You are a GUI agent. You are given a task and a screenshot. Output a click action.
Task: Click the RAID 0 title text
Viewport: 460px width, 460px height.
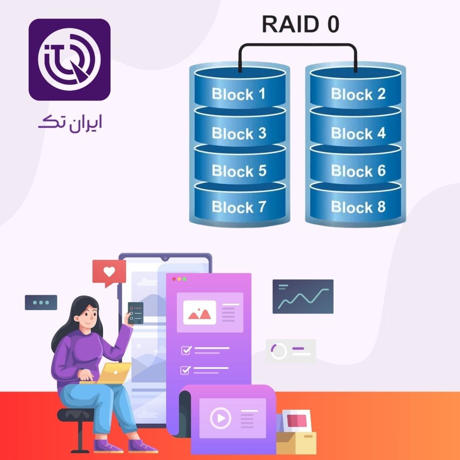(x=300, y=24)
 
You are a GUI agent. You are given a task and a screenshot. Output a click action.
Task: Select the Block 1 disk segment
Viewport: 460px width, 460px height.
(x=239, y=92)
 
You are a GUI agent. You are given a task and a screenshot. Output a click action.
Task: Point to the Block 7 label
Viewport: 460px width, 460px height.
(x=239, y=207)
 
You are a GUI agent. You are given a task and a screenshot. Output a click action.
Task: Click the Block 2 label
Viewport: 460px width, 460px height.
(x=358, y=94)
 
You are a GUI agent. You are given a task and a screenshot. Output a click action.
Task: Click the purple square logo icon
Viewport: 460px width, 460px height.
(x=69, y=60)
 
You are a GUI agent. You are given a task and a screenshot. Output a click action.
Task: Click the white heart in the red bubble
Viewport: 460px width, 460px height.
(x=109, y=271)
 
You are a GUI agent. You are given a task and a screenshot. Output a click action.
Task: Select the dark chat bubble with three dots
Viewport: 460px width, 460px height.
(x=41, y=302)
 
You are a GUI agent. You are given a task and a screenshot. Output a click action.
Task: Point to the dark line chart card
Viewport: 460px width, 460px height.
(x=303, y=296)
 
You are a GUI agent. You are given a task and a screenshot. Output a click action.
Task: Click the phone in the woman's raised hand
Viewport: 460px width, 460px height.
(x=136, y=313)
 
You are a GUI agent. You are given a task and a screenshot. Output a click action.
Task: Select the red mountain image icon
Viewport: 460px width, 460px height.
(x=199, y=313)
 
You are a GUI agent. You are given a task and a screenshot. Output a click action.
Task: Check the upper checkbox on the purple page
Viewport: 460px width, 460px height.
(x=186, y=350)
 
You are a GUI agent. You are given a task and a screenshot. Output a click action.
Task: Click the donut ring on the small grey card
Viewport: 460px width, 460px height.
(x=279, y=351)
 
